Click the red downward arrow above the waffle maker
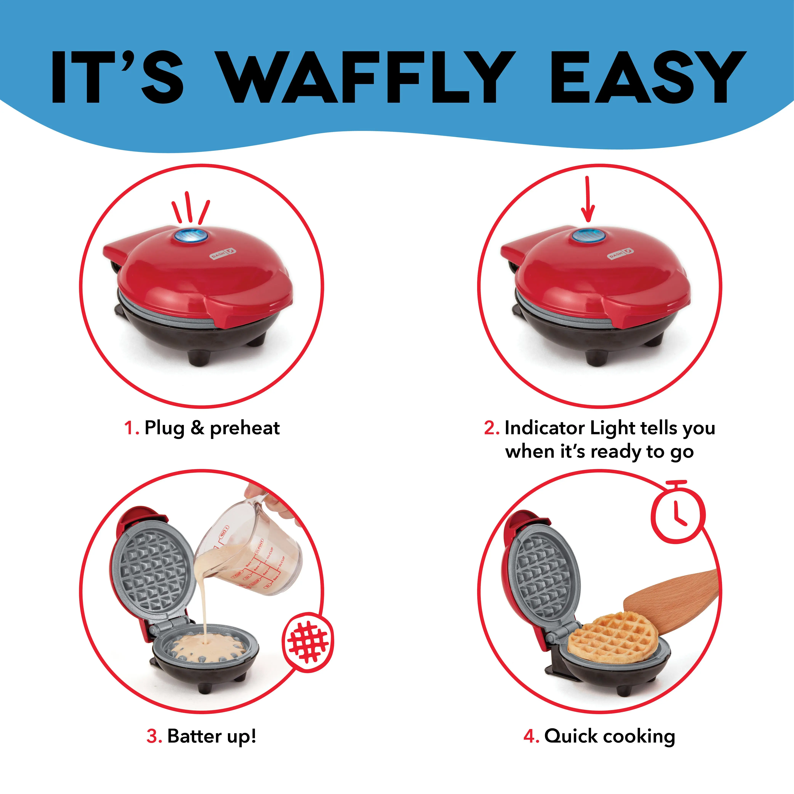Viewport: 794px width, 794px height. point(588,199)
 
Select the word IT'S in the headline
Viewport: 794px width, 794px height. point(117,77)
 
